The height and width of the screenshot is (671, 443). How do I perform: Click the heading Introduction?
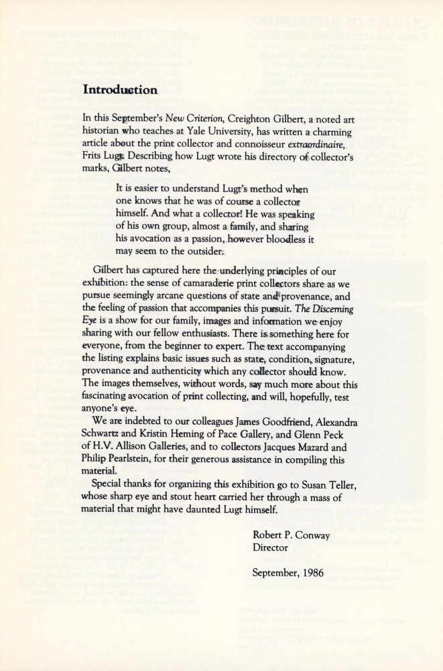(120, 89)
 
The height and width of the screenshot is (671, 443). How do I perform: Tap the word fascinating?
(111, 397)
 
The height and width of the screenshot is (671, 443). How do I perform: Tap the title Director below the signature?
(270, 548)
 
